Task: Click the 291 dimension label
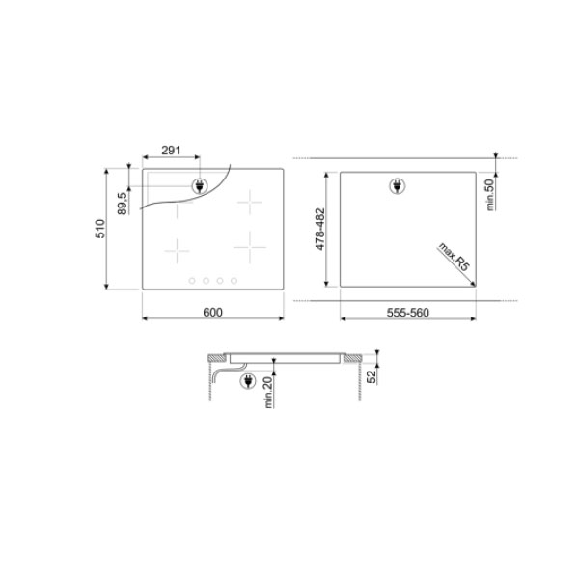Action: pyautogui.click(x=171, y=151)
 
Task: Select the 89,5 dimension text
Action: pyautogui.click(x=123, y=203)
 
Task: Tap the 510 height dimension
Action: pyautogui.click(x=100, y=229)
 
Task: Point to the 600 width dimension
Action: pyautogui.click(x=212, y=313)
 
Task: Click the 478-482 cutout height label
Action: pyautogui.click(x=320, y=229)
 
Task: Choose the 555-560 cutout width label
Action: pyautogui.click(x=407, y=313)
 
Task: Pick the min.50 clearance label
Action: pyautogui.click(x=489, y=195)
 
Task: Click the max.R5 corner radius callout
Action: pyautogui.click(x=454, y=257)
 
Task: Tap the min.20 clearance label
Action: pyautogui.click(x=268, y=392)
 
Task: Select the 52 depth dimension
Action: pyautogui.click(x=372, y=376)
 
